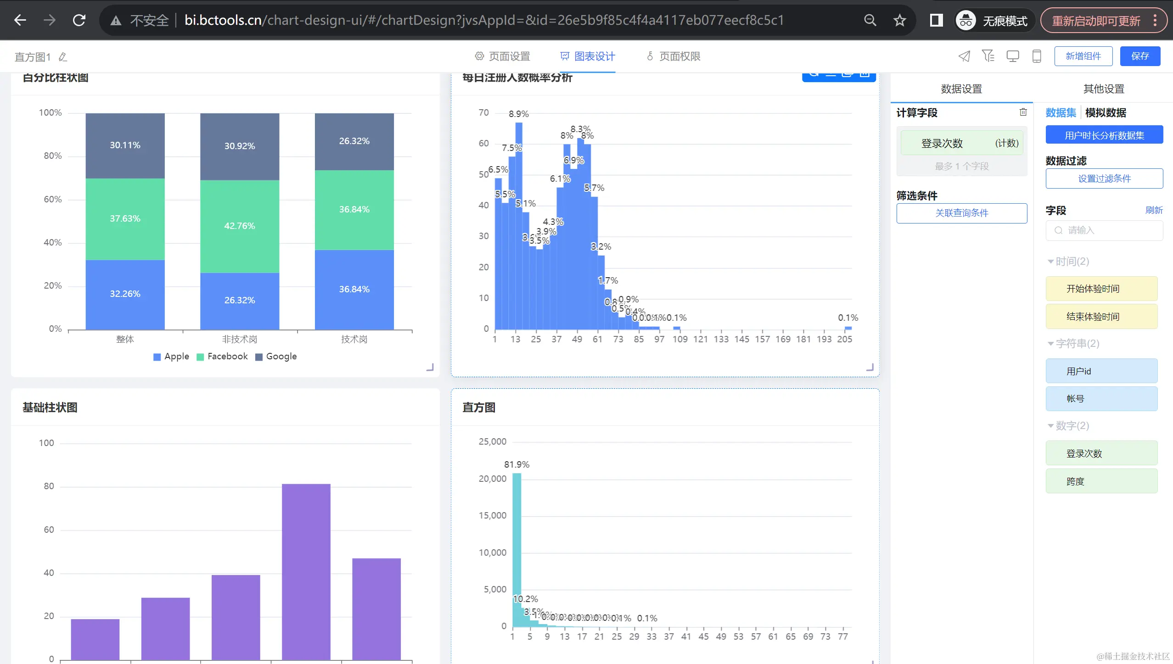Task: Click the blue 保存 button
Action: click(x=1139, y=56)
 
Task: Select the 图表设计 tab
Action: click(x=588, y=56)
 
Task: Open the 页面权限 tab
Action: click(x=673, y=56)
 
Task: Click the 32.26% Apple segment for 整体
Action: click(x=125, y=294)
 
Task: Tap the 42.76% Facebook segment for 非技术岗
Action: click(x=239, y=226)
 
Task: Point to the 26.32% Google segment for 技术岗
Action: click(x=354, y=141)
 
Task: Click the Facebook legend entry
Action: click(x=222, y=357)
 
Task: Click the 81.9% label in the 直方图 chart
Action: click(x=516, y=464)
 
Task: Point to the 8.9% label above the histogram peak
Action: click(x=518, y=114)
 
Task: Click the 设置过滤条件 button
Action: click(x=1104, y=179)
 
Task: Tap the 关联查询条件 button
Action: click(x=961, y=213)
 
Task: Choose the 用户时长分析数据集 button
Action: click(x=1104, y=135)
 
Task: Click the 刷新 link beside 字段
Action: click(x=1153, y=210)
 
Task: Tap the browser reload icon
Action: click(x=79, y=20)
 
